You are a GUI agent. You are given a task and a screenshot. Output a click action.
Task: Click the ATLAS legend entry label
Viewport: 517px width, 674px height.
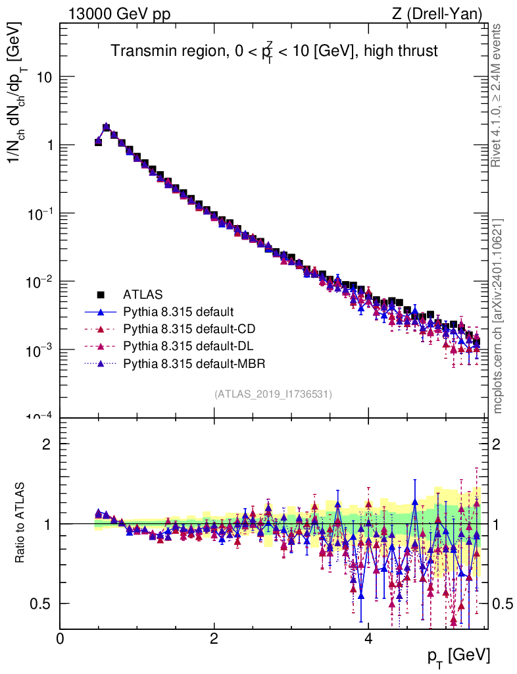142,294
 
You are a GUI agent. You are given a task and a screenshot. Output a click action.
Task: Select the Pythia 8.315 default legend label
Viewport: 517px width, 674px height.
178,311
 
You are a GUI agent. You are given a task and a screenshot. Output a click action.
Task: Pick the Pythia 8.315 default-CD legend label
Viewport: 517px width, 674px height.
187,328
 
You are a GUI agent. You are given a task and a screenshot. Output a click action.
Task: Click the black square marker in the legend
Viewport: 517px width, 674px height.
101,294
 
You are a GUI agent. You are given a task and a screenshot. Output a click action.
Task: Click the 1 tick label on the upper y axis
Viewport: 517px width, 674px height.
49,145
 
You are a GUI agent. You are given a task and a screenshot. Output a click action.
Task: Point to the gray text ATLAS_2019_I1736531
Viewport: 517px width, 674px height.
272,394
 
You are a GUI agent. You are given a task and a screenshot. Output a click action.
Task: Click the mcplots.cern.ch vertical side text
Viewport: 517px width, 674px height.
498,316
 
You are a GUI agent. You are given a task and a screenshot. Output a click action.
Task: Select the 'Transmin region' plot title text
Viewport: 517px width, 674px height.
274,52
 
